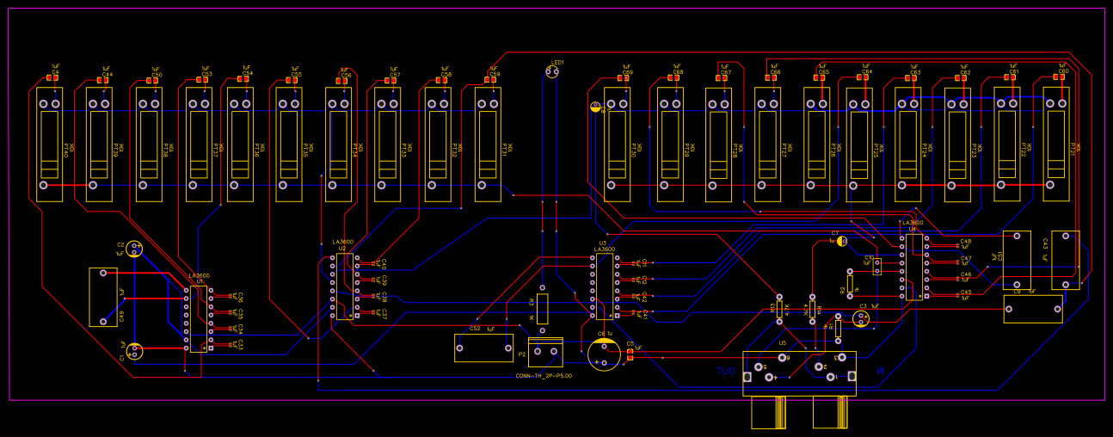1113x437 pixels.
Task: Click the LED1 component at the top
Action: [552, 72]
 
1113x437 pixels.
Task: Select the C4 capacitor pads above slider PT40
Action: [52, 78]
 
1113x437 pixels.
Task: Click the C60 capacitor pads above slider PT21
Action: [1059, 77]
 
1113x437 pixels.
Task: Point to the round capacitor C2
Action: [134, 249]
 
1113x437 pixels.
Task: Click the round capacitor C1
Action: [135, 351]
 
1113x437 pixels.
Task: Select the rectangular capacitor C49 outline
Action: [103, 297]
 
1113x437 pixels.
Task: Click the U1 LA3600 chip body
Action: [198, 319]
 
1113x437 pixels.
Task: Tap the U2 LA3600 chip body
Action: [345, 286]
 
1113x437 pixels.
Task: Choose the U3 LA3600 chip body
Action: [605, 286]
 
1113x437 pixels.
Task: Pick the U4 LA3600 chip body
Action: [913, 267]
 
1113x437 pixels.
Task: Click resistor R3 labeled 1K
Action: [543, 307]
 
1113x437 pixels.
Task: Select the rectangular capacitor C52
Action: [483, 348]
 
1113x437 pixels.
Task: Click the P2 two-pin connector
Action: [545, 351]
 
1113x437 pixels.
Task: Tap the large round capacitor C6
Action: [604, 354]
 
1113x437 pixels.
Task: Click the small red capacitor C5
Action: [630, 353]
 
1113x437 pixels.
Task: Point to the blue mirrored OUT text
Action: [726, 372]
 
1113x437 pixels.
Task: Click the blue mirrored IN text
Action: [880, 371]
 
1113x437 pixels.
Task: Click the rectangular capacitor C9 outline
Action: [1032, 309]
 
